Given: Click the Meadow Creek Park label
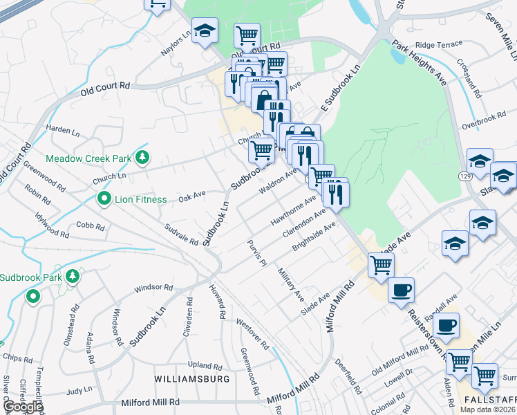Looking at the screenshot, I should coord(88,158).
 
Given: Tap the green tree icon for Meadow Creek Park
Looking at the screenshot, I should coord(142,158).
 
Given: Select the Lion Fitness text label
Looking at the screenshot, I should coord(141,200).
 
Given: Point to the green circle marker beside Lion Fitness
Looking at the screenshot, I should coord(104,199).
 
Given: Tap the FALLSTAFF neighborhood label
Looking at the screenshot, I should coord(490,400).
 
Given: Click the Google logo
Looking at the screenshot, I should coord(23,407).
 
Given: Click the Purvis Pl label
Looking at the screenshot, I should coord(257,254).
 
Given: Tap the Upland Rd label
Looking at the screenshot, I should coord(204,365).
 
